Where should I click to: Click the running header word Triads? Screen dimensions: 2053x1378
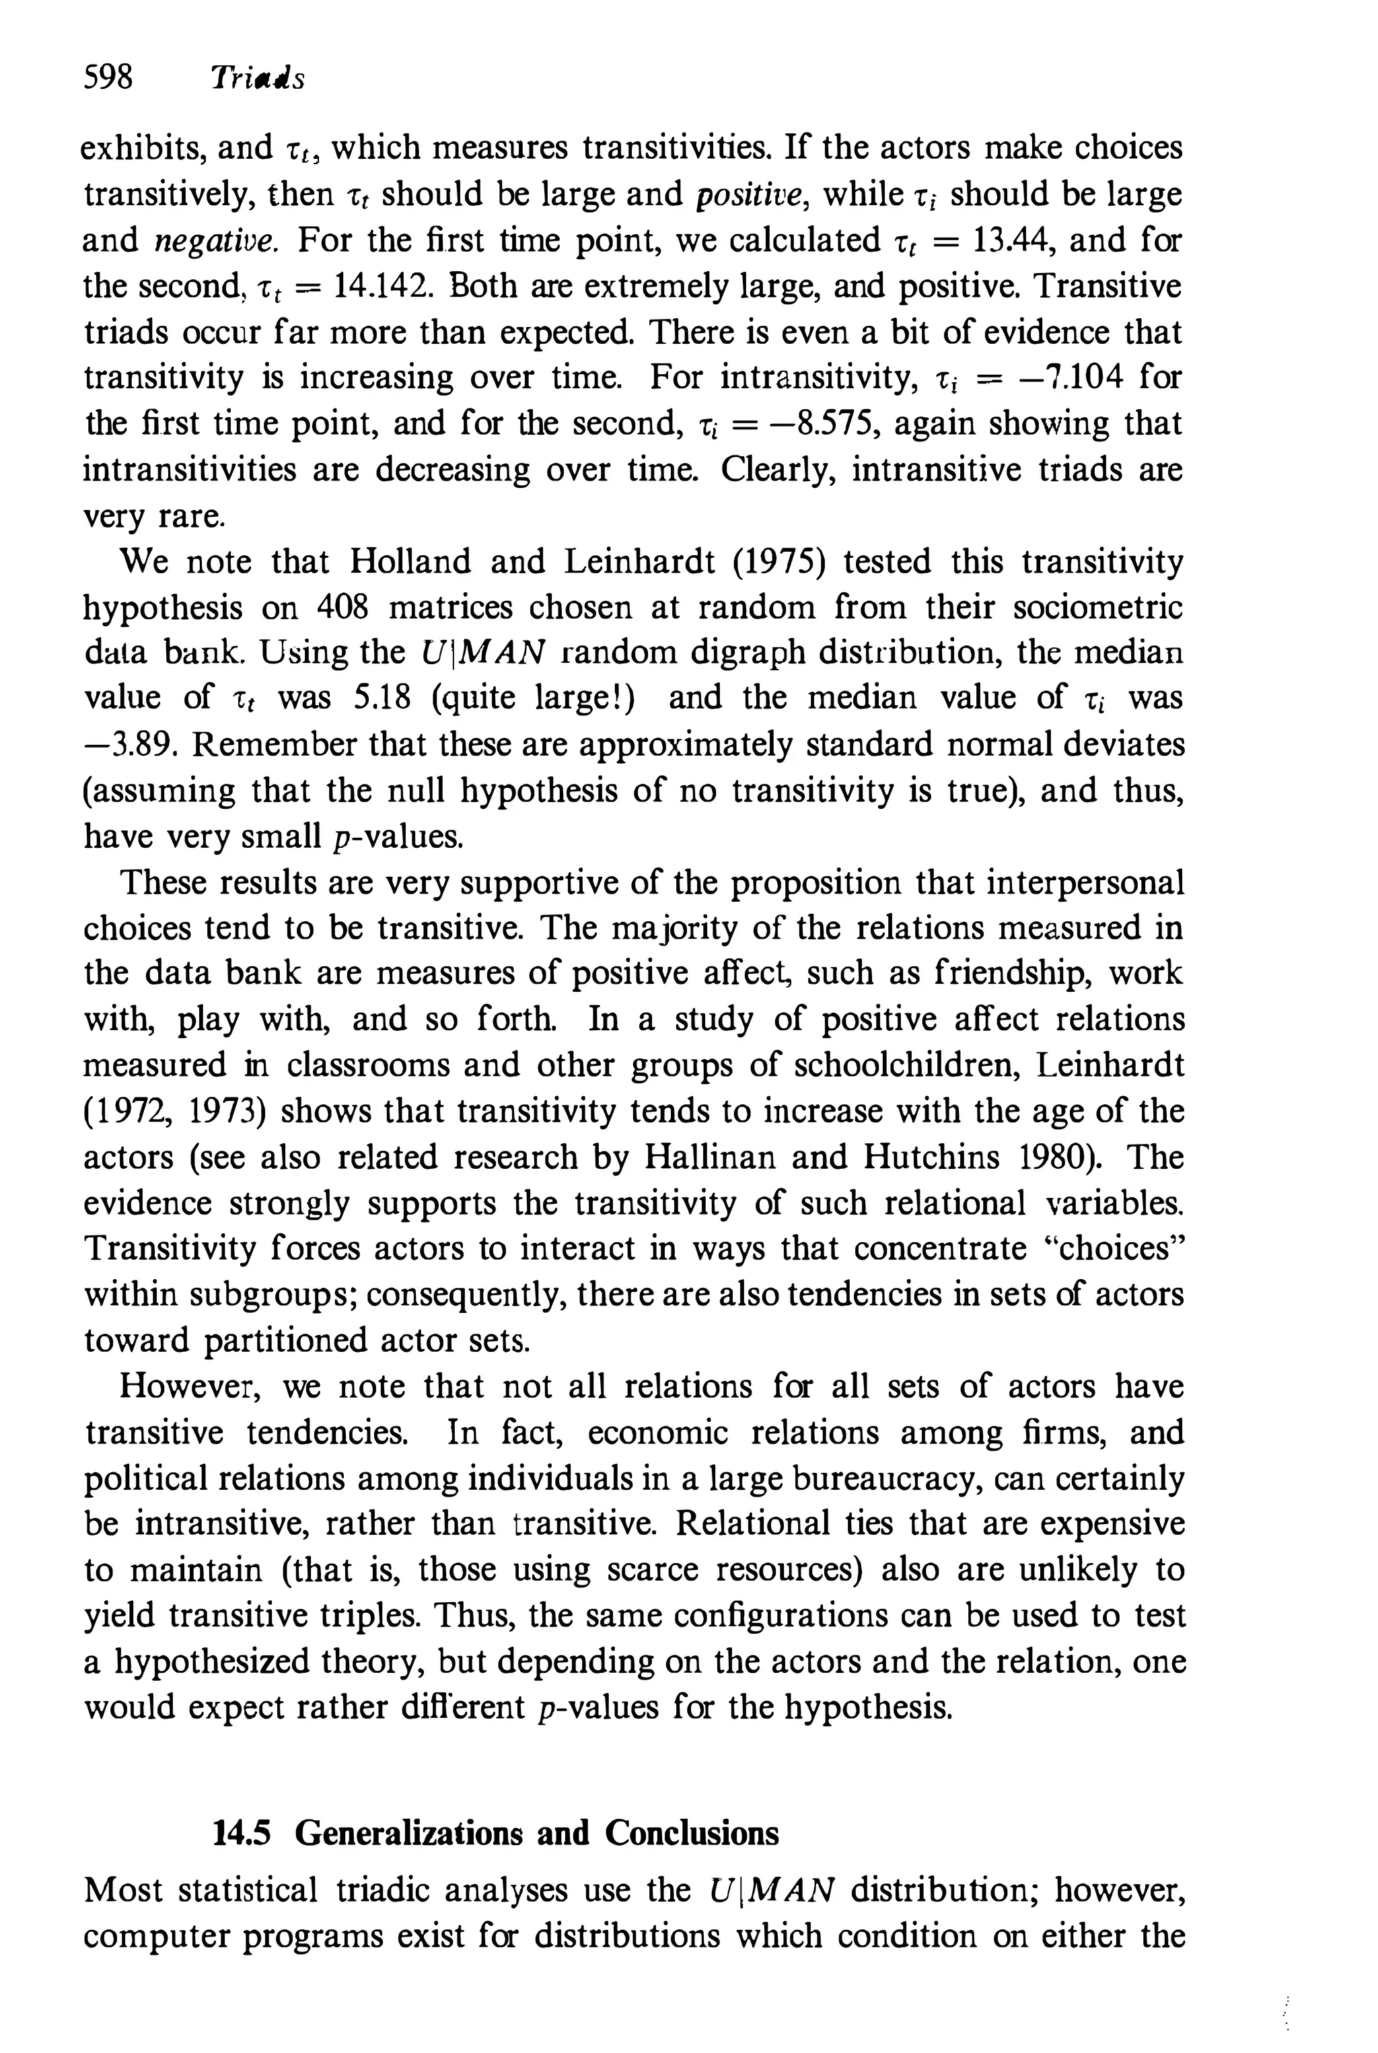click(256, 79)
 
